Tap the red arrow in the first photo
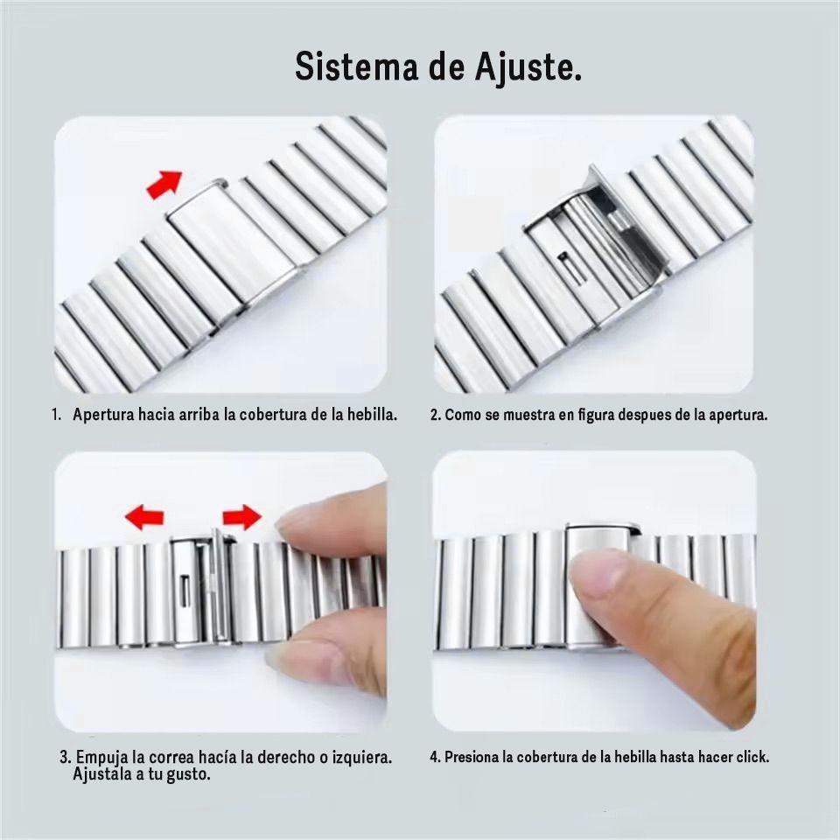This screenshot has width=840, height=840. point(164,185)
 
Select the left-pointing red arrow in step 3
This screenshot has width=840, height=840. point(144,518)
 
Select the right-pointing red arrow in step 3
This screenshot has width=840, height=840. point(241,517)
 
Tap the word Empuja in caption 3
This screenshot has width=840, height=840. point(102,756)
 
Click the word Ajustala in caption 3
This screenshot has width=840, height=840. point(102,774)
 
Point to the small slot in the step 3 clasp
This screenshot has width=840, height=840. point(185,587)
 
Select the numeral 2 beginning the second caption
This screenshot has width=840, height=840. point(434,415)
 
